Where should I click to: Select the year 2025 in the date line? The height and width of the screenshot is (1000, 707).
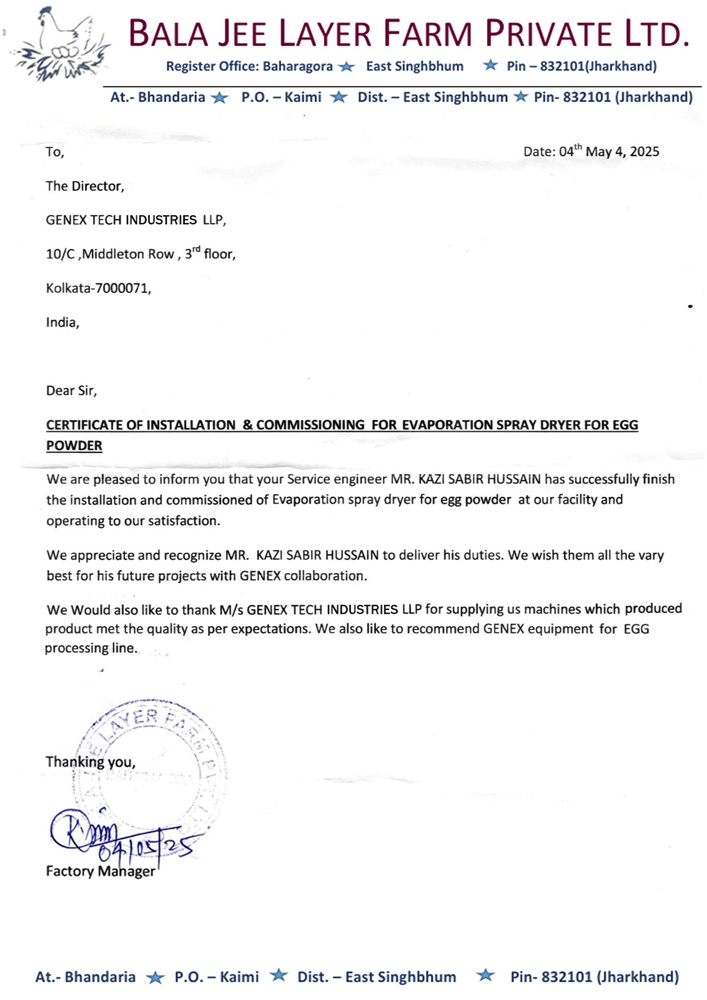pyautogui.click(x=645, y=152)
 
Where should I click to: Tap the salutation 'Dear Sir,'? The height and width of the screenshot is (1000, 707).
pyautogui.click(x=71, y=391)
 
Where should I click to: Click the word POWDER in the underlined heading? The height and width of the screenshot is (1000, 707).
pyautogui.click(x=74, y=446)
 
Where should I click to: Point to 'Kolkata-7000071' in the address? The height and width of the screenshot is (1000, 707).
pyautogui.click(x=98, y=288)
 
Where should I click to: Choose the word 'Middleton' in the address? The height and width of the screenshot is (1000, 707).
pyautogui.click(x=128, y=254)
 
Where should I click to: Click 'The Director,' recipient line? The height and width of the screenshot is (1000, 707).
pyautogui.click(x=85, y=186)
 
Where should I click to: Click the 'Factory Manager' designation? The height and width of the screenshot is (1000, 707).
pyautogui.click(x=101, y=871)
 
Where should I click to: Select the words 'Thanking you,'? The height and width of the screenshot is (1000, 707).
pyautogui.click(x=90, y=762)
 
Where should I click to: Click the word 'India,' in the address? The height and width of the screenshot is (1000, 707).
pyautogui.click(x=62, y=322)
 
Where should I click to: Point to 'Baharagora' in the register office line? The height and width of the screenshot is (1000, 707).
pyautogui.click(x=297, y=66)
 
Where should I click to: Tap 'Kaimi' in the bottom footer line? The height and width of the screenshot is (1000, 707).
pyautogui.click(x=239, y=977)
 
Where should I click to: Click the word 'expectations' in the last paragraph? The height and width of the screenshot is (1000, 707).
pyautogui.click(x=270, y=629)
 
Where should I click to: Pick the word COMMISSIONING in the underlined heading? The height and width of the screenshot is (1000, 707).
pyautogui.click(x=310, y=425)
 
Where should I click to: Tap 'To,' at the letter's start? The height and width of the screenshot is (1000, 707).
pyautogui.click(x=55, y=152)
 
